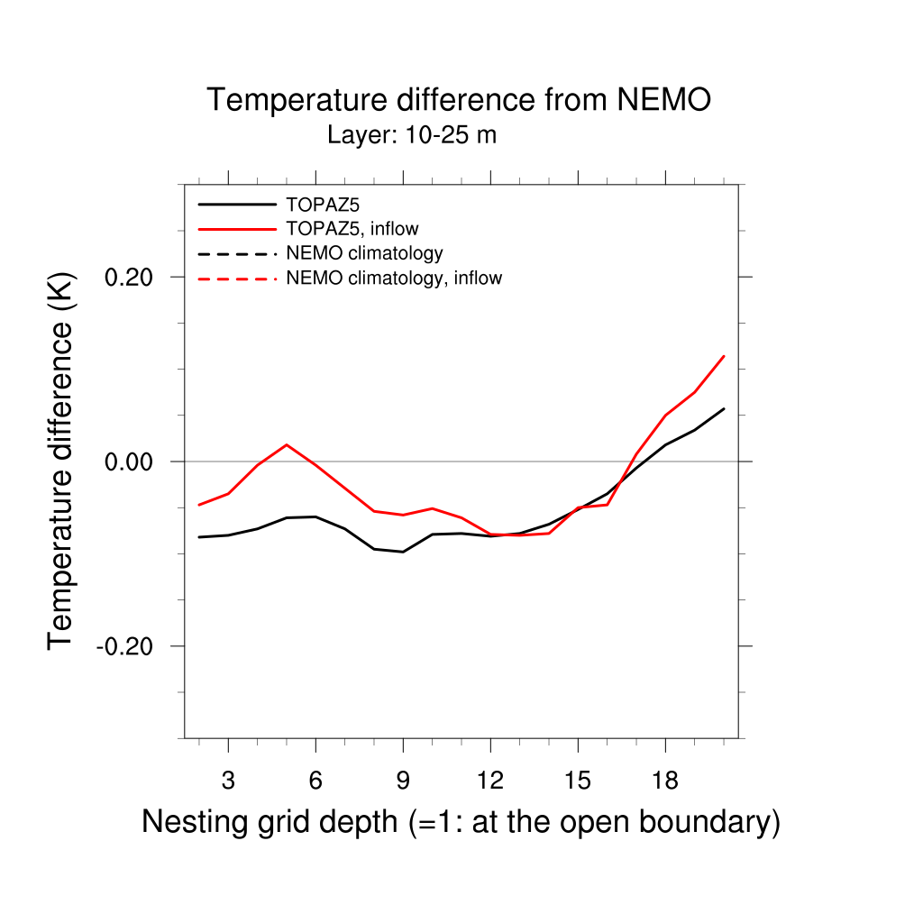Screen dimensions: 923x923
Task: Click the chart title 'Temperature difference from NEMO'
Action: pos(459,100)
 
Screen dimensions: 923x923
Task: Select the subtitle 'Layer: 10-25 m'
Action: pos(412,136)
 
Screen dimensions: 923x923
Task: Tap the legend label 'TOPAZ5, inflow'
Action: pos(352,229)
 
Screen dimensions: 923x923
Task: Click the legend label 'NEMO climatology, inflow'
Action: pos(394,279)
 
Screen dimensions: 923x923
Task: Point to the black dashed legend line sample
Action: pos(237,253)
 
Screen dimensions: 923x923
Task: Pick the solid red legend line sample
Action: pos(237,229)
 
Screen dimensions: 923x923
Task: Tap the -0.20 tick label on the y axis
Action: pos(128,646)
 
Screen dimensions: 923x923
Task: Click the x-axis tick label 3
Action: pos(228,781)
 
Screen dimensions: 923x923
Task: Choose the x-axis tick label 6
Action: pos(315,781)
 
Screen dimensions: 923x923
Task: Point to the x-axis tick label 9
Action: pos(403,781)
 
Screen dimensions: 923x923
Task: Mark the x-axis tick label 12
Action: pos(489,781)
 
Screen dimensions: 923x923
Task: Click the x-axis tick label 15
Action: pos(577,781)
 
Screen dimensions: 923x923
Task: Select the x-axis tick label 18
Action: pos(664,781)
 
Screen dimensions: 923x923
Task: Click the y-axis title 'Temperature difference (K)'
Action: pos(60,461)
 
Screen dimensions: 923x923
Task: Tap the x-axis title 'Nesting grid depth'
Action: pos(270,822)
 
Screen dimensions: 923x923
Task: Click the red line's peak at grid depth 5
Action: pos(287,444)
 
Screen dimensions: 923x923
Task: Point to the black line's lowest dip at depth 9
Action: pos(403,552)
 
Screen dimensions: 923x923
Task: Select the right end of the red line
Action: pos(724,356)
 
